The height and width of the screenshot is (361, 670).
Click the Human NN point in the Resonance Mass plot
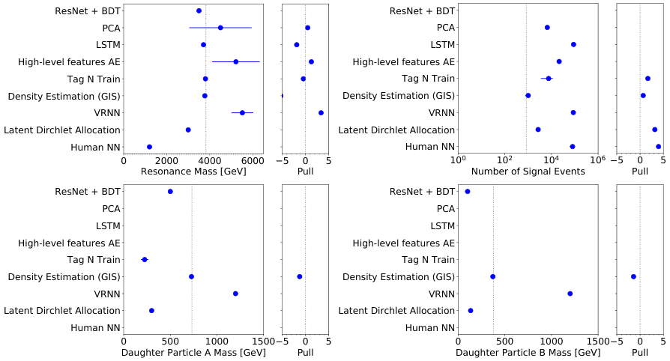point(149,147)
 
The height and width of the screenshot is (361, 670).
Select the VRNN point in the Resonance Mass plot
point(242,113)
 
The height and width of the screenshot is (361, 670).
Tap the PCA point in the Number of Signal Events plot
point(547,28)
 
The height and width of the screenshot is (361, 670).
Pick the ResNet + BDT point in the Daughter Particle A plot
point(170,192)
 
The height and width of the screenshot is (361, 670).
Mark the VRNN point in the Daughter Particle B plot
point(570,294)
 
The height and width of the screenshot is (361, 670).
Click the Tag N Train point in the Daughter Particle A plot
point(145,260)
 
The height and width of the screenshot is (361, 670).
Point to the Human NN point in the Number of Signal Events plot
point(572,147)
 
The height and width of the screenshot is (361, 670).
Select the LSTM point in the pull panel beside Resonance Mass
point(296,45)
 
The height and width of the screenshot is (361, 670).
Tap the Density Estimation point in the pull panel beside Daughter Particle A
point(300,276)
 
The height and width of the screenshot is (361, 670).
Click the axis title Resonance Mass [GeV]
point(193,172)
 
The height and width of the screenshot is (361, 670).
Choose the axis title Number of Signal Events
point(527,172)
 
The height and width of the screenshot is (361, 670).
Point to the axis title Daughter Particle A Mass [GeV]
point(193,352)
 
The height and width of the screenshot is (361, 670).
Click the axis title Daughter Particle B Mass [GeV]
point(528,352)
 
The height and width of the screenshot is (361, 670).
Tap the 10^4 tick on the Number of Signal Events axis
point(551,160)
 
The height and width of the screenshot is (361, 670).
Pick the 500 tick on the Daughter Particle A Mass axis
point(170,341)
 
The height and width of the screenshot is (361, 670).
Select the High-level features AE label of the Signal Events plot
point(404,62)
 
